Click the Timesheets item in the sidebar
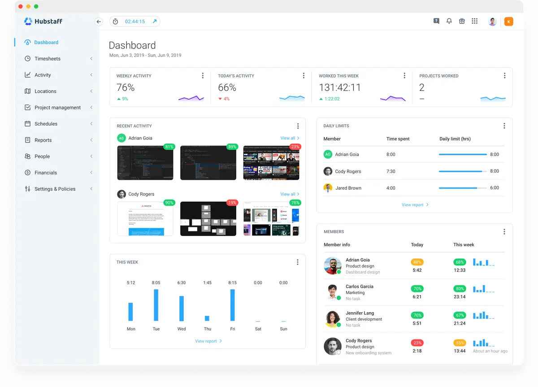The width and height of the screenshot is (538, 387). pyautogui.click(x=47, y=59)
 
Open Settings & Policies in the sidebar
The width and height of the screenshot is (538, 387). pyautogui.click(x=55, y=189)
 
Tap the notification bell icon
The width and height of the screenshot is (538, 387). pyautogui.click(x=449, y=21)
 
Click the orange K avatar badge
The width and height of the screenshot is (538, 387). pyautogui.click(x=508, y=22)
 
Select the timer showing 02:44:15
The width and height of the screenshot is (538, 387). pyautogui.click(x=134, y=22)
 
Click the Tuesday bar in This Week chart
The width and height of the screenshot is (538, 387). pyautogui.click(x=156, y=305)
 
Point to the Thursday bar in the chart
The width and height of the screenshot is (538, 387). pyautogui.click(x=207, y=318)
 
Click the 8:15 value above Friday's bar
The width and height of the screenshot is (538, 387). pyautogui.click(x=232, y=283)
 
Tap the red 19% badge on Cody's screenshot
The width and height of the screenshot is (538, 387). pyautogui.click(x=232, y=203)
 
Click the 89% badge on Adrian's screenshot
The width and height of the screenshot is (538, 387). pyautogui.click(x=232, y=147)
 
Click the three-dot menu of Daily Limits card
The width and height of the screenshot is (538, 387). pyautogui.click(x=504, y=126)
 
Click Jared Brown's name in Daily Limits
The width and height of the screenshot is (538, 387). pyautogui.click(x=348, y=188)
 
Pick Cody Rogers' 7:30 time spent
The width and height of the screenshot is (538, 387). pyautogui.click(x=391, y=171)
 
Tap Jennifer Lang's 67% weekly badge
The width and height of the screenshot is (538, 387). pyautogui.click(x=460, y=315)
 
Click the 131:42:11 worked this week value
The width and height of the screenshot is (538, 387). pyautogui.click(x=340, y=87)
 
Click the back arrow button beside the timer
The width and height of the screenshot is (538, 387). pyautogui.click(x=99, y=22)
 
